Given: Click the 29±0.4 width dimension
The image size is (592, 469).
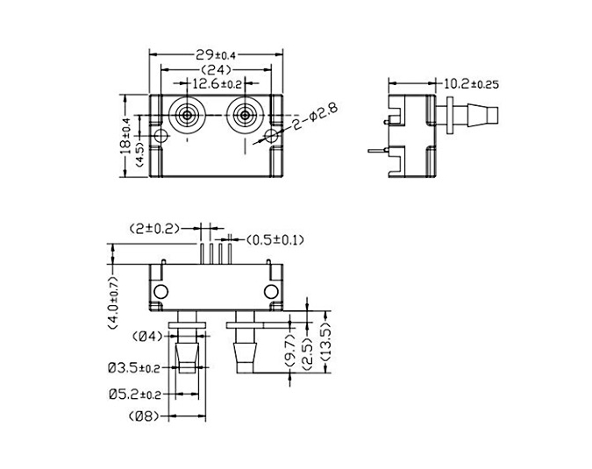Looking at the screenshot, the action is (x=215, y=55).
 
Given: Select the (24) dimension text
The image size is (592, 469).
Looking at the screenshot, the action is (x=216, y=70).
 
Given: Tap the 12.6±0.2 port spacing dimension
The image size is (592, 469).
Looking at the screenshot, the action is (x=217, y=84).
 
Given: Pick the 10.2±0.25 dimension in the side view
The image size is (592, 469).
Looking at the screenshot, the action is (x=471, y=84).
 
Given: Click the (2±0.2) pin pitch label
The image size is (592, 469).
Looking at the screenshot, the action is (x=154, y=229).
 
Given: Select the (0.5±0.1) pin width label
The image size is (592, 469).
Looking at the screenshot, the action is (x=275, y=240).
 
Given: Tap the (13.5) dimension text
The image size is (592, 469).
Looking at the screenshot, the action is (x=325, y=342).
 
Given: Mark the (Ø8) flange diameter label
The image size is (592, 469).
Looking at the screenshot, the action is (x=144, y=416).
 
